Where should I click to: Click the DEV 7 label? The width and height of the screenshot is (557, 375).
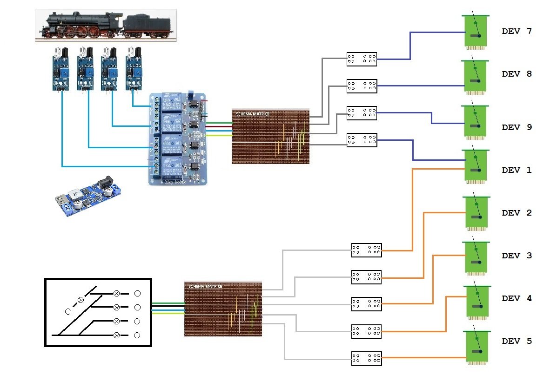tap(517, 32)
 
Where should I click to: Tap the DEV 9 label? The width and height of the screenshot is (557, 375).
tap(517, 127)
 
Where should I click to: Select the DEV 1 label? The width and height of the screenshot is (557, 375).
tap(517, 170)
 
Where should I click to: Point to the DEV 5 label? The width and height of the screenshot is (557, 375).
tap(517, 341)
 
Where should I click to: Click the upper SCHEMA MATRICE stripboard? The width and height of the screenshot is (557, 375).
tap(270, 137)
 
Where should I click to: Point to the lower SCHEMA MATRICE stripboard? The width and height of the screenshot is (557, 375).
tap(223, 309)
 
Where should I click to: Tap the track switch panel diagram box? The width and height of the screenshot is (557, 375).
tap(98, 312)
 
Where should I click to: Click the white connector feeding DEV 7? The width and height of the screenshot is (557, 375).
tap(362, 59)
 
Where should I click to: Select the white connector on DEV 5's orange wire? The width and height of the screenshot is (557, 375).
tap(366, 357)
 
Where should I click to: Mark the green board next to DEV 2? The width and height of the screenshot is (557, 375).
tap(476, 214)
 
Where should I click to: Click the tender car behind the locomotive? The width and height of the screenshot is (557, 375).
tap(147, 25)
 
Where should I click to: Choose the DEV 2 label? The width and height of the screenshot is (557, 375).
tap(517, 213)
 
